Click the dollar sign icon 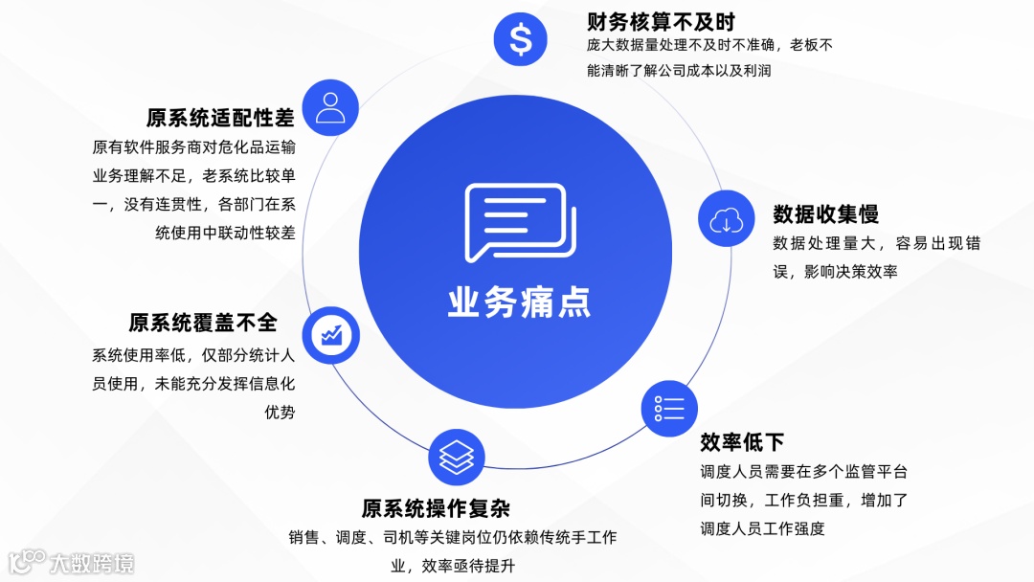520,38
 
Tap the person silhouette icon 330,107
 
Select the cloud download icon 726,219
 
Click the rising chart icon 331,334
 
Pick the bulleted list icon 668,409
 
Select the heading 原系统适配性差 220,118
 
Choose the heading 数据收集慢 825,213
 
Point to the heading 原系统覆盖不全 203,323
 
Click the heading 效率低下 742,441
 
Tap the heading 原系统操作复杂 435,507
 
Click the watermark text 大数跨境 92,563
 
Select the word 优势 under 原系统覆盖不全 280,413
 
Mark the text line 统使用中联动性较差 225,233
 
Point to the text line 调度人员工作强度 762,528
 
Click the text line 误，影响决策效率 835,272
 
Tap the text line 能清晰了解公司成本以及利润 679,70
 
